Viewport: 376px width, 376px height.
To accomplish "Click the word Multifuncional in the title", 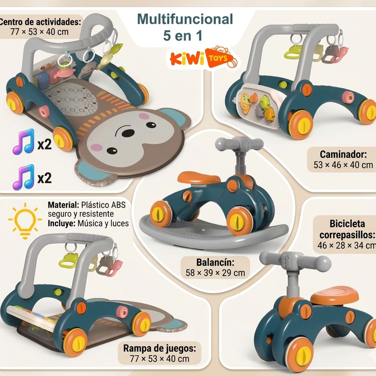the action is click(185, 19).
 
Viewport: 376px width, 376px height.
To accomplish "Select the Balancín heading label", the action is click(215, 263).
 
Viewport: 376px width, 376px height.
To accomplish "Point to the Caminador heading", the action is click(343, 154).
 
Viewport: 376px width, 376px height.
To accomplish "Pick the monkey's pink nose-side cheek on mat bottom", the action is click(97, 147).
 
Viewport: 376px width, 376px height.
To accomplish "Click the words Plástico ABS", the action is click(103, 205).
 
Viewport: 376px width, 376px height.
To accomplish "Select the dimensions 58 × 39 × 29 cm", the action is click(215, 273).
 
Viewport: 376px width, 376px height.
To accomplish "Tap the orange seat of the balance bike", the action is click(334, 297).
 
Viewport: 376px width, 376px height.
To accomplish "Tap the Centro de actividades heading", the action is click(40, 22).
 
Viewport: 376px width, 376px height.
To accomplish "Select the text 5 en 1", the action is click(183, 36).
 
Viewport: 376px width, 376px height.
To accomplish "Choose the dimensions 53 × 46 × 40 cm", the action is click(343, 165).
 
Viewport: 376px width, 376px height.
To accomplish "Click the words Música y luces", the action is click(103, 224).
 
